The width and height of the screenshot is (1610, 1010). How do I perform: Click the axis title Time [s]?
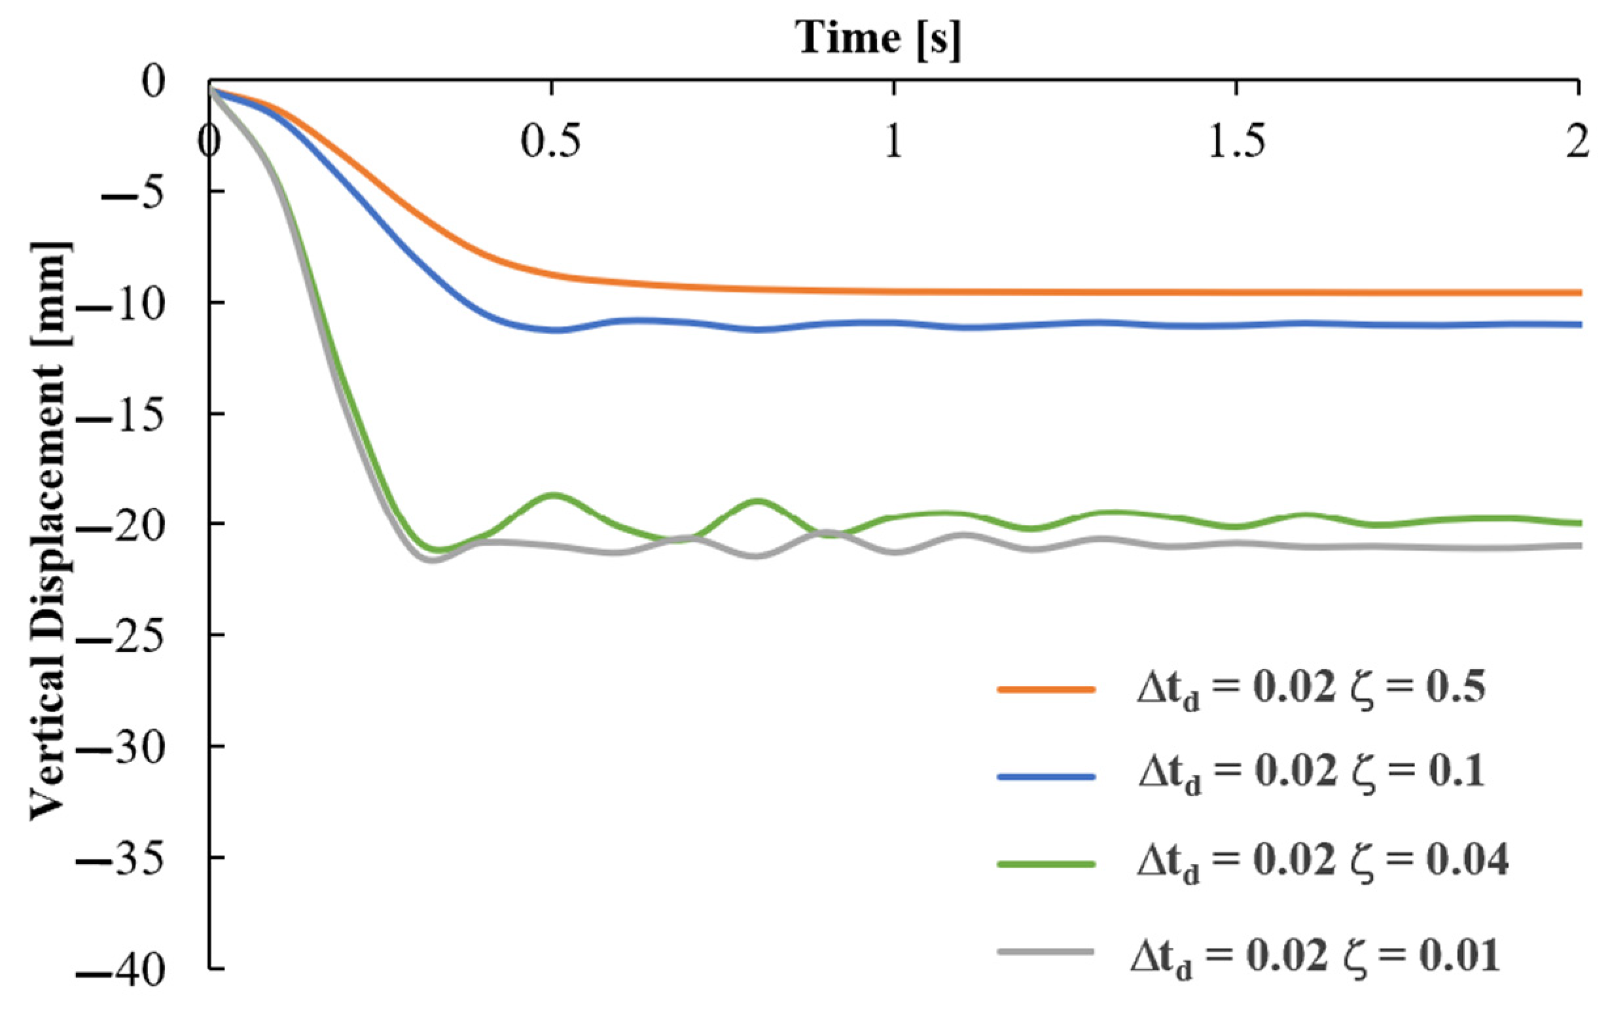(x=878, y=38)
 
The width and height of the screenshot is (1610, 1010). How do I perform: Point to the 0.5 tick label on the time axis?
(x=550, y=142)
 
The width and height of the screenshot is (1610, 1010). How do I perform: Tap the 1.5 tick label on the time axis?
(x=1237, y=142)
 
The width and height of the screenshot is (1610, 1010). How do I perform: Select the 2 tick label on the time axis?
(x=1577, y=142)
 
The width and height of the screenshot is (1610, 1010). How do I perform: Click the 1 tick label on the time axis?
(x=893, y=142)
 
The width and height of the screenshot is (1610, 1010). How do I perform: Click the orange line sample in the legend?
(x=1046, y=689)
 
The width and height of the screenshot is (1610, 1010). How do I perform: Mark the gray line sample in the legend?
(x=1046, y=951)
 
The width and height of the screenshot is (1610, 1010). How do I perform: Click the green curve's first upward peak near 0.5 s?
(x=553, y=495)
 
